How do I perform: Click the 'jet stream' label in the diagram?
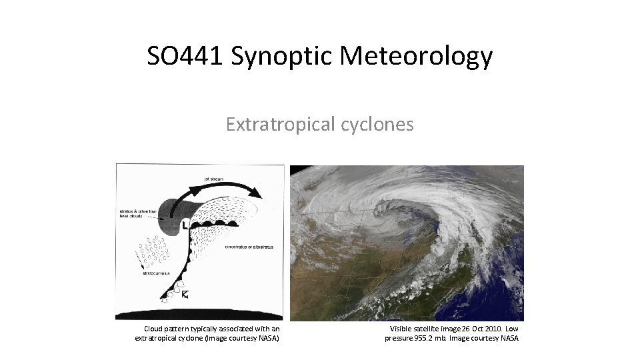(x=214, y=178)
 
